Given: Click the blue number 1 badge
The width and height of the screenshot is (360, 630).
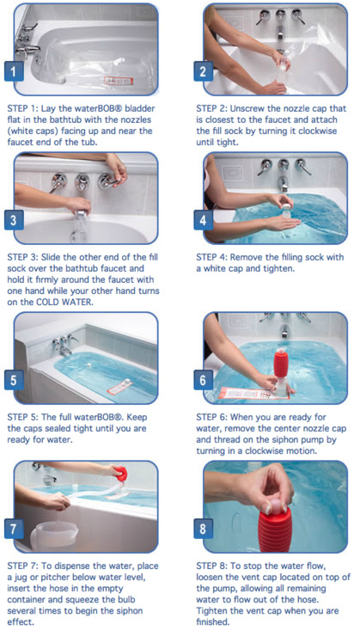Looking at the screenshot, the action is tap(14, 71).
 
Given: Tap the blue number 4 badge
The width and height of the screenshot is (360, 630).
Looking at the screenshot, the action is tap(203, 220).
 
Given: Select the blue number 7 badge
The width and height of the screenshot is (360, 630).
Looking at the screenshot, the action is tap(14, 529).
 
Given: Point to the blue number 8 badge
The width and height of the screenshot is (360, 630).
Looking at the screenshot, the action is tap(203, 529).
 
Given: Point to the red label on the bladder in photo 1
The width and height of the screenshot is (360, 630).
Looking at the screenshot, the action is tap(119, 80).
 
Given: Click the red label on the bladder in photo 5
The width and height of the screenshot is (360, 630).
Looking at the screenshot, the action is tap(119, 388).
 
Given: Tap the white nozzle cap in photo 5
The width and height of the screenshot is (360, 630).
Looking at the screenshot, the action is tap(125, 382).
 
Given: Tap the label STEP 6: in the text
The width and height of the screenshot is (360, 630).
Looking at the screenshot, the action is tap(211, 417).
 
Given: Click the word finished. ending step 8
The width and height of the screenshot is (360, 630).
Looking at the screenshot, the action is tap(212, 621).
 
